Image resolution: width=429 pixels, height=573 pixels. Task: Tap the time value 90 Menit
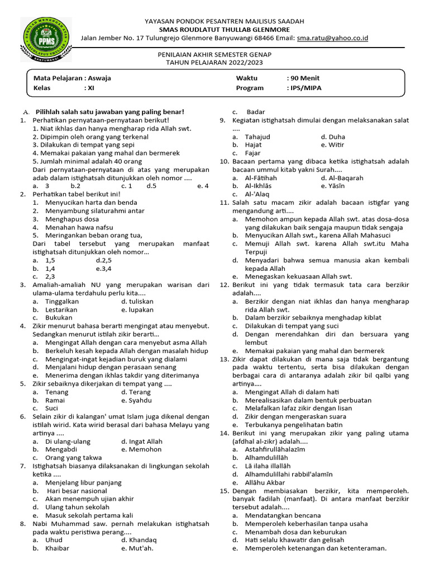coord(303,78)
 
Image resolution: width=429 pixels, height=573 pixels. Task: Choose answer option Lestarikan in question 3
coord(61,309)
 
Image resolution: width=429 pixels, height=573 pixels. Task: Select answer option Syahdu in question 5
coord(140,400)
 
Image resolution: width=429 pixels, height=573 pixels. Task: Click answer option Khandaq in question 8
coord(143,540)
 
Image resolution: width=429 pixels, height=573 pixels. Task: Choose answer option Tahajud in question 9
coord(258,137)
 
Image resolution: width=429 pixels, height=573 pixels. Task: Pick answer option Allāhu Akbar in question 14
coord(265,482)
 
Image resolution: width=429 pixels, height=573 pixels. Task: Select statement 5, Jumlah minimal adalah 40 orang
coord(87,161)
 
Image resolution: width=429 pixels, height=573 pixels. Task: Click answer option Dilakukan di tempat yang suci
coord(292,326)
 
